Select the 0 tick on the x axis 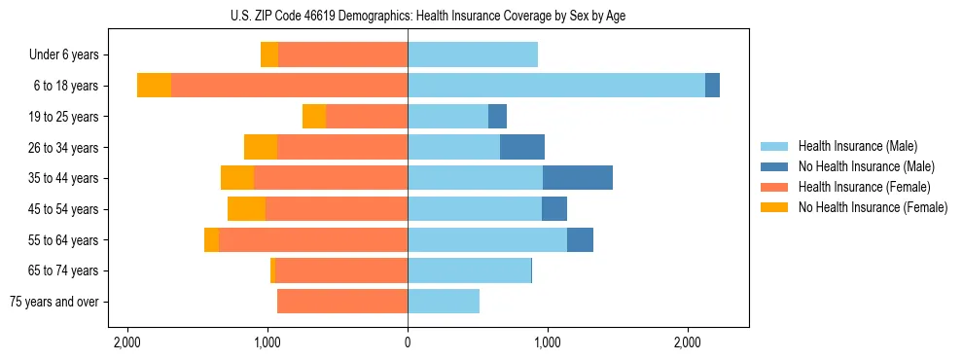click(x=408, y=343)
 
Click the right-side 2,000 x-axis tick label click(x=687, y=343)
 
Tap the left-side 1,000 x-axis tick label click(x=267, y=343)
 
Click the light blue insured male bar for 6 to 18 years click(x=555, y=86)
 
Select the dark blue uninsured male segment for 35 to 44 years click(x=577, y=178)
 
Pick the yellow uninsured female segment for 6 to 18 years click(x=154, y=86)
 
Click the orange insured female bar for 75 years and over click(x=342, y=302)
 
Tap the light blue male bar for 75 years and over click(x=444, y=302)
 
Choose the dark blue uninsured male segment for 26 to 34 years click(x=521, y=147)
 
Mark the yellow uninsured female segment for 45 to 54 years click(x=246, y=209)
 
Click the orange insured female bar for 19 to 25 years click(x=367, y=117)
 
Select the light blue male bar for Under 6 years click(x=473, y=55)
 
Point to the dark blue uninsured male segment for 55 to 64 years click(x=580, y=240)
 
